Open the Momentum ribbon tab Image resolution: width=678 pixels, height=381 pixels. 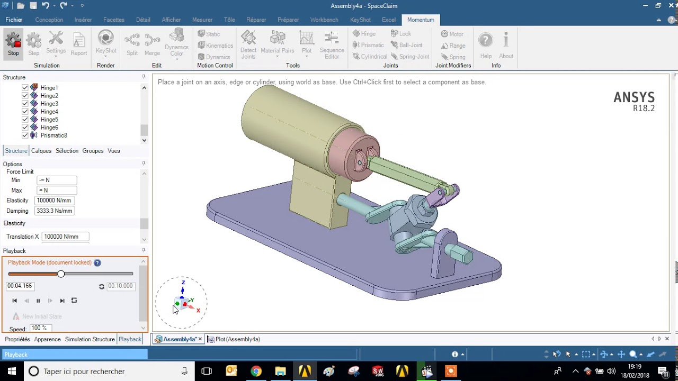click(x=421, y=20)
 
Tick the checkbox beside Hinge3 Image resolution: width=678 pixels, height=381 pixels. click(x=25, y=104)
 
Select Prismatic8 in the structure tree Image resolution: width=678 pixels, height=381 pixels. click(x=53, y=135)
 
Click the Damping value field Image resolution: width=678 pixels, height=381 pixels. click(x=54, y=211)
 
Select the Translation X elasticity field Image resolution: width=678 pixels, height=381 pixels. click(x=65, y=237)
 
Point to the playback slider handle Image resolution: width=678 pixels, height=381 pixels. click(x=61, y=274)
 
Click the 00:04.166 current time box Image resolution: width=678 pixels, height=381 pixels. click(x=20, y=286)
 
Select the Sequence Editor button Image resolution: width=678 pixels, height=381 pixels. click(x=332, y=45)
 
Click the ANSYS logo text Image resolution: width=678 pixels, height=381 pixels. click(x=634, y=98)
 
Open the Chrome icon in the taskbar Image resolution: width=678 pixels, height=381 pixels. click(x=256, y=371)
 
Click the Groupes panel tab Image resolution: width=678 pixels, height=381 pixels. click(x=93, y=151)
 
